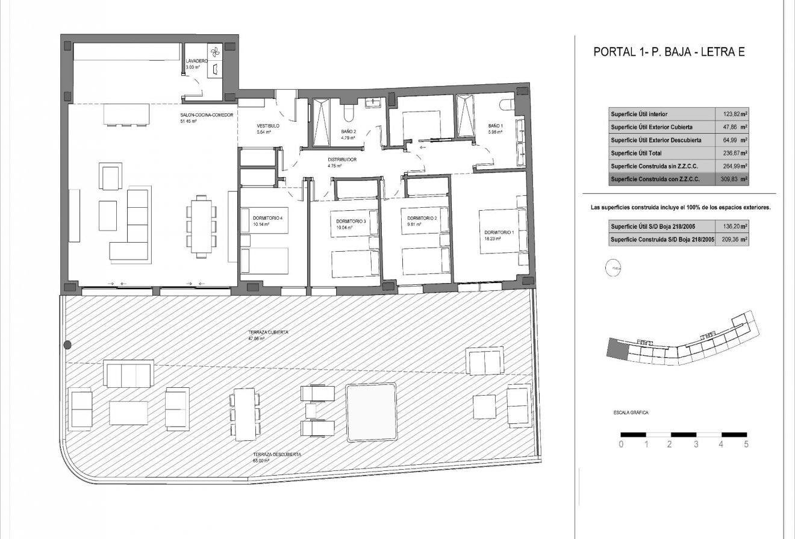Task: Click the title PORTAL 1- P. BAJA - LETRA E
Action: coord(669,52)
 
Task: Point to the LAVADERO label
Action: coord(197,61)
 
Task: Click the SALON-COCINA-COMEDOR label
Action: coord(206,115)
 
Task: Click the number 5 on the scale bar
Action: coord(747,445)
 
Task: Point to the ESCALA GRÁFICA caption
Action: coord(626,413)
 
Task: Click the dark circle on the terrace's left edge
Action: coord(67,345)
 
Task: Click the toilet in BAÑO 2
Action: coord(348,113)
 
